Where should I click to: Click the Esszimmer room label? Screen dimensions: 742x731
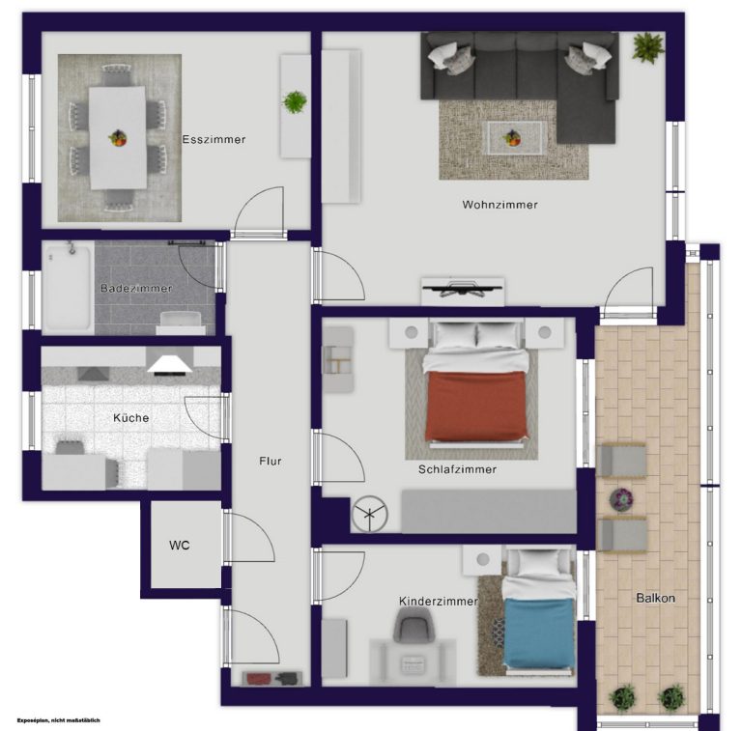214,139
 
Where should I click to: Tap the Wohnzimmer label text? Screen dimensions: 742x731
499,205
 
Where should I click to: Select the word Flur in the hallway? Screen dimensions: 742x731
271,461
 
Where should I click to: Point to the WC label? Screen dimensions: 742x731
180,546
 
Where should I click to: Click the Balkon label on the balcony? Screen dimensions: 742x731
655,598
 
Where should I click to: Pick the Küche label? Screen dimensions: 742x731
131,418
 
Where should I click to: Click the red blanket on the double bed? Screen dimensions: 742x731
476,407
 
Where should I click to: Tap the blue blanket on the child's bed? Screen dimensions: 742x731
538,633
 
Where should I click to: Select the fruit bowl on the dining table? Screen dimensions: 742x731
117,138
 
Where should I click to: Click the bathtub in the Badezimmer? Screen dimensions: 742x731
69,288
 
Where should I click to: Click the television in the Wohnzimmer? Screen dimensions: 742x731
462,289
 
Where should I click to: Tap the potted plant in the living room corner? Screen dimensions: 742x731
648,46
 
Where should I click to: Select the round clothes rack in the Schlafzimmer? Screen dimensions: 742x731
370,514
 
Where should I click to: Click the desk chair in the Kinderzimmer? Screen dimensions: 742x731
414,625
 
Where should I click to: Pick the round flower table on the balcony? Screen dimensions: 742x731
621,499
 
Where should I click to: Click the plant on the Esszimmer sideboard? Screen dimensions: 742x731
295,101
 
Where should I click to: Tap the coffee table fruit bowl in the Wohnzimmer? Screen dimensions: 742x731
512,137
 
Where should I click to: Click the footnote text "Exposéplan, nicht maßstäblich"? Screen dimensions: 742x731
59,720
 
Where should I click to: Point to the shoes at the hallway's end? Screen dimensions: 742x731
272,678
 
